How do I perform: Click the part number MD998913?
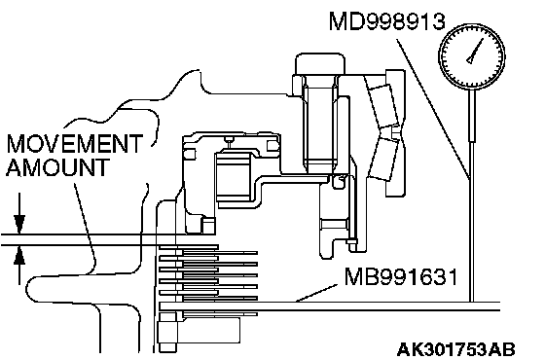click(x=386, y=21)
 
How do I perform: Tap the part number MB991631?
click(x=401, y=276)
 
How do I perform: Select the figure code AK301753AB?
click(x=455, y=349)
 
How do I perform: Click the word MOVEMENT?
click(x=75, y=143)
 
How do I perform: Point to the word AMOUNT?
click(x=57, y=167)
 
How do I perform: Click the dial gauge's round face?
click(x=472, y=56)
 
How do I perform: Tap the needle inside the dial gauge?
click(x=475, y=52)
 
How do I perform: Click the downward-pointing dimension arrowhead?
click(x=19, y=224)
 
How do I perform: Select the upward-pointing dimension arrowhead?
click(x=19, y=255)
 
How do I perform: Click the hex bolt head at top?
click(x=320, y=63)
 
